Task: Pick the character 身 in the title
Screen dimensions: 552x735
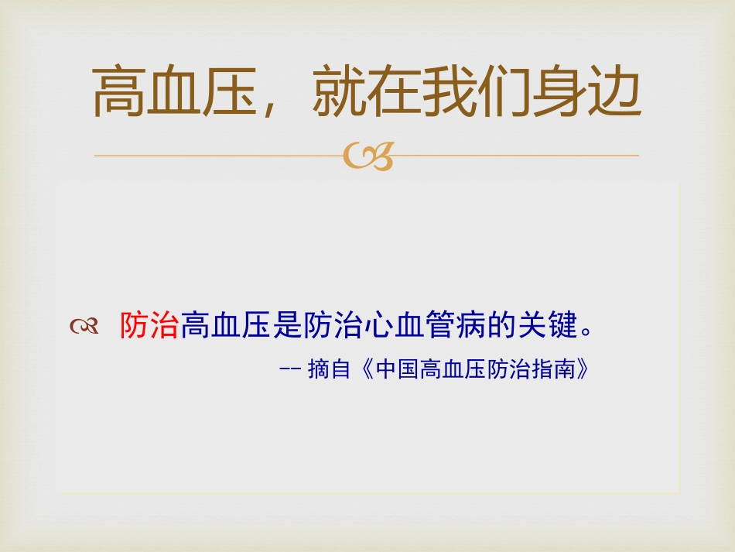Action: click(559, 91)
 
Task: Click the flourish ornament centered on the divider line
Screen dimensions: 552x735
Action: click(367, 156)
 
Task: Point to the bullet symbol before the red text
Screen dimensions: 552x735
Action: click(84, 327)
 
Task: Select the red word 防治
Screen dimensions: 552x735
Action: click(149, 327)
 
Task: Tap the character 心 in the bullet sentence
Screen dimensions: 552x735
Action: click(377, 327)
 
